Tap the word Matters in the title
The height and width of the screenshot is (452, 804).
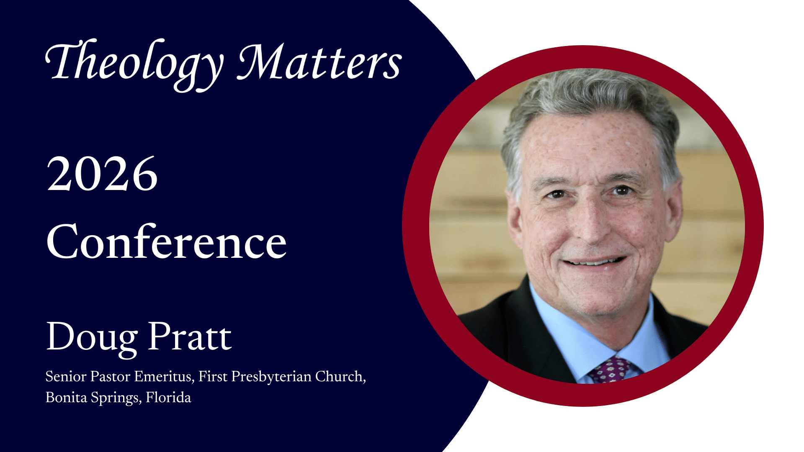320,62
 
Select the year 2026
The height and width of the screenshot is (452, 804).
102,174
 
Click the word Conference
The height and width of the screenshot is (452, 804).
167,241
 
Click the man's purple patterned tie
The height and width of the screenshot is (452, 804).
610,370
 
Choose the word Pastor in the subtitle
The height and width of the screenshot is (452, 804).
110,377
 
